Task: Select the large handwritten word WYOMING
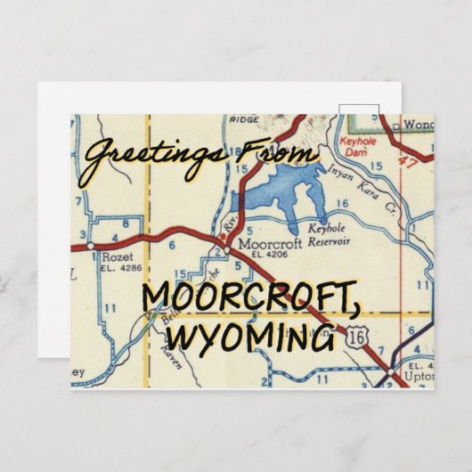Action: pyautogui.click(x=255, y=338)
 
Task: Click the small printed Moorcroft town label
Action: pyautogui.click(x=264, y=243)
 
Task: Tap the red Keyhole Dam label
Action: pyautogui.click(x=358, y=146)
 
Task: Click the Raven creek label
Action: pyautogui.click(x=157, y=354)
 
